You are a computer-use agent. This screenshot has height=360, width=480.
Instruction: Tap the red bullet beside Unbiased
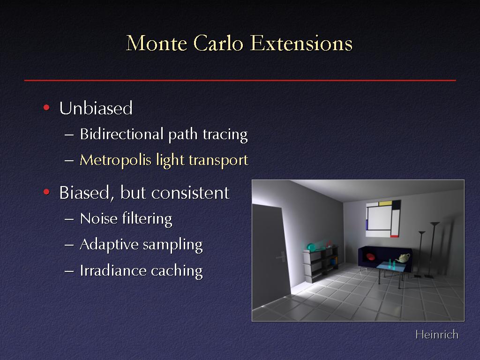click(x=46, y=107)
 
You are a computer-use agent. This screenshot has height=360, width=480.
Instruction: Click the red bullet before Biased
click(x=46, y=192)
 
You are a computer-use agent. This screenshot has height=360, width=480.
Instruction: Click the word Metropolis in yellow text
click(x=115, y=160)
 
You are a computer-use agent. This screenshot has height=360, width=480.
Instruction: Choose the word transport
click(x=218, y=160)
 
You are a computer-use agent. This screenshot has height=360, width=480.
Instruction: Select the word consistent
click(x=190, y=193)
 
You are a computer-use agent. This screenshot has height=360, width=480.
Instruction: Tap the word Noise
click(x=98, y=218)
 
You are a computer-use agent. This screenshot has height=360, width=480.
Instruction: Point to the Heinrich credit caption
click(x=437, y=335)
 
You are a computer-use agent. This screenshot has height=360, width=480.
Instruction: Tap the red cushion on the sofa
click(x=370, y=256)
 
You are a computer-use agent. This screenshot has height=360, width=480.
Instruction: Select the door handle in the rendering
click(x=281, y=256)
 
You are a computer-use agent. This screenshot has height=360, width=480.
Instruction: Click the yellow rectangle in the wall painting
click(x=385, y=203)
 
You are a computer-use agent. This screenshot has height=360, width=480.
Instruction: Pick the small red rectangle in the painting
click(x=395, y=236)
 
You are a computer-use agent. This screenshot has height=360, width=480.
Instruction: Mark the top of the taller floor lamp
click(x=435, y=224)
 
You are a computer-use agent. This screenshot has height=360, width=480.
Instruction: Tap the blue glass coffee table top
click(x=391, y=267)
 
